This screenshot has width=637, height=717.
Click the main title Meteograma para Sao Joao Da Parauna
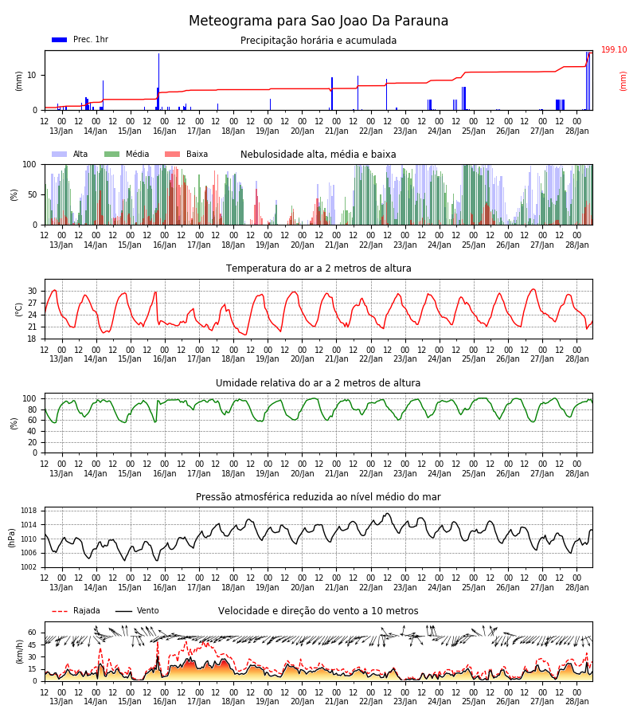pyautogui.click(x=318, y=21)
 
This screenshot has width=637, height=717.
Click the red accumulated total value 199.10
pyautogui.click(x=614, y=50)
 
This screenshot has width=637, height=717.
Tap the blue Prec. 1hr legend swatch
pyautogui.click(x=60, y=40)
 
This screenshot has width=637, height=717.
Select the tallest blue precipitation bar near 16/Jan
pyautogui.click(x=159, y=81)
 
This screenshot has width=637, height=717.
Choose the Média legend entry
pyautogui.click(x=127, y=154)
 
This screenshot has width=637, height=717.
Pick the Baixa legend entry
pyautogui.click(x=186, y=154)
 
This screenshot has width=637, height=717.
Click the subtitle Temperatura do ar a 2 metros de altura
pyautogui.click(x=318, y=268)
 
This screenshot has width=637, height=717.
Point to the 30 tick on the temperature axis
pyautogui.click(x=33, y=292)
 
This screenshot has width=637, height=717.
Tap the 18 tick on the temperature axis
pyautogui.click(x=33, y=339)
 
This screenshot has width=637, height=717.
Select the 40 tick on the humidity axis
pyautogui.click(x=33, y=431)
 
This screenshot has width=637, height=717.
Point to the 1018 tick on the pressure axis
pyautogui.click(x=29, y=511)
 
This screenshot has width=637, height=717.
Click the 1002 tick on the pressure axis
pyautogui.click(x=29, y=567)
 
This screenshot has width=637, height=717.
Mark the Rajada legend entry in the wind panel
pyautogui.click(x=76, y=611)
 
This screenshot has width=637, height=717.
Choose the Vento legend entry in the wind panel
pyautogui.click(x=137, y=611)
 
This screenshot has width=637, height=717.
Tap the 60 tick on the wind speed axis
pyautogui.click(x=33, y=633)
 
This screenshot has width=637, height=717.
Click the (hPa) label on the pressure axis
pyautogui.click(x=12, y=538)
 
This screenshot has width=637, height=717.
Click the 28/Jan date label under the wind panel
pyautogui.click(x=577, y=701)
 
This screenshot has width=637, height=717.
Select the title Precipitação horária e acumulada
pyautogui.click(x=318, y=41)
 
